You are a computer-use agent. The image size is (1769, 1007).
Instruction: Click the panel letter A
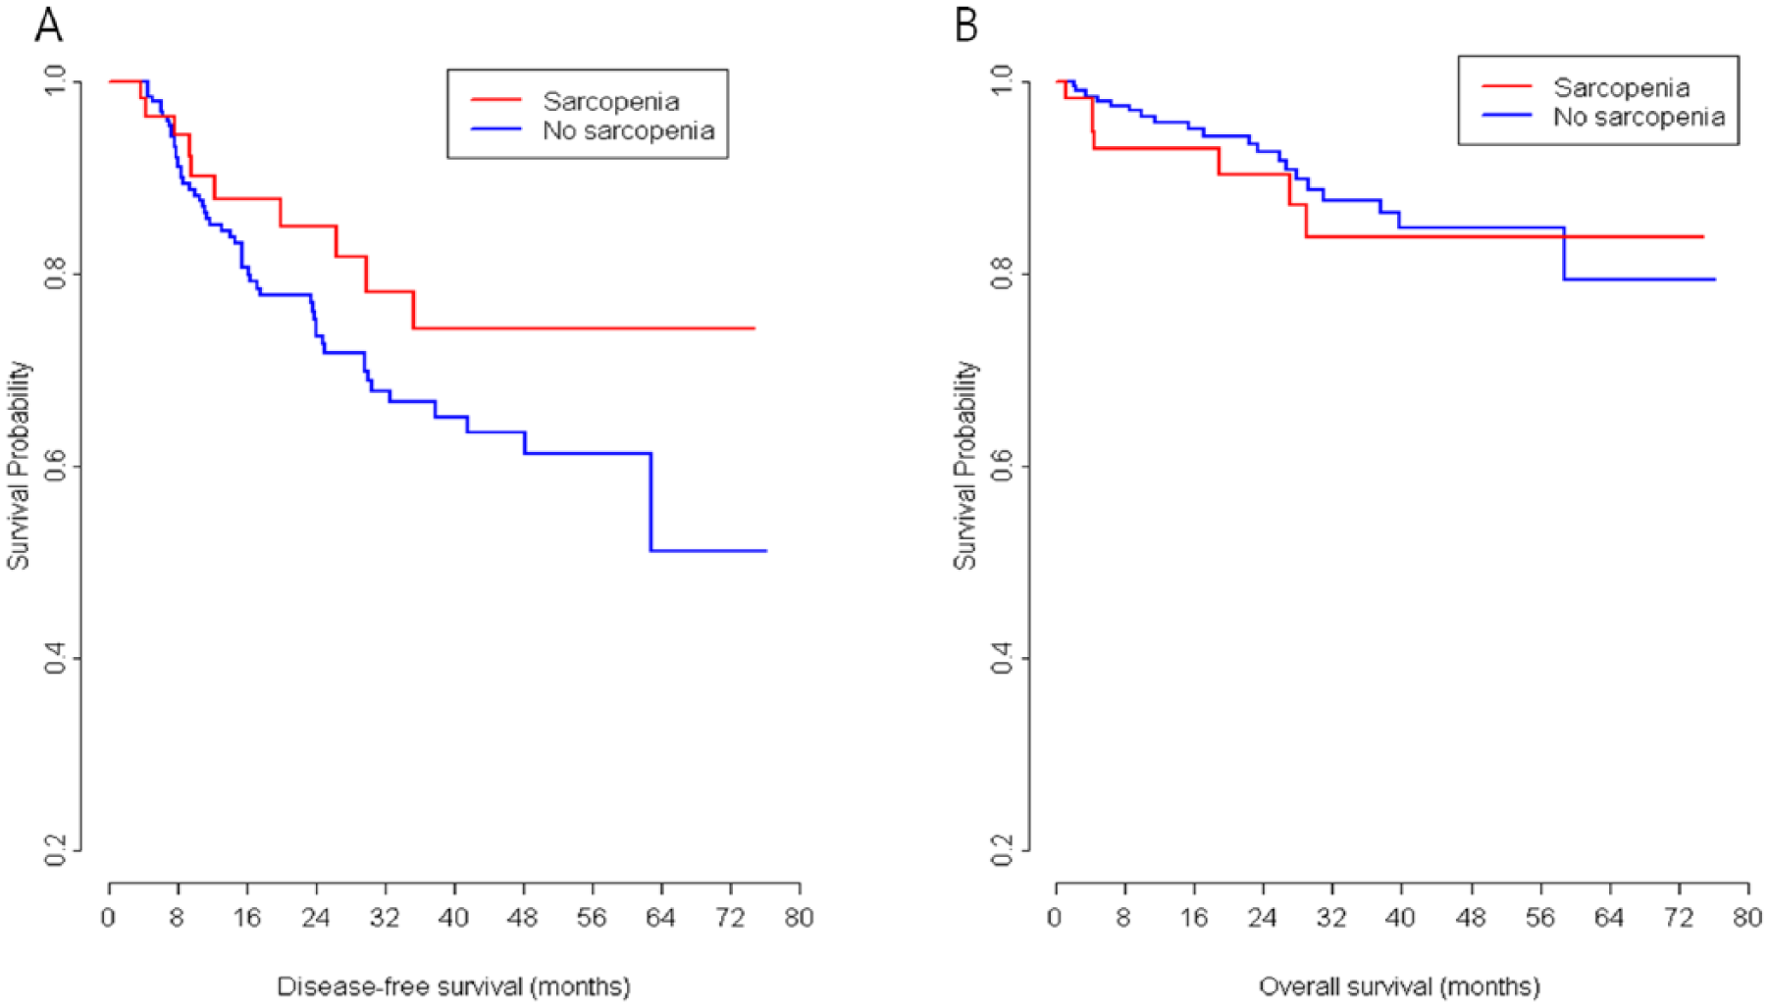point(48,24)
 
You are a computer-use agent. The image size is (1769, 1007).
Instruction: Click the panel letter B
point(966,24)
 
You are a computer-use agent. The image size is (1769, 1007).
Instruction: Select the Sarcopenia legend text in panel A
point(611,101)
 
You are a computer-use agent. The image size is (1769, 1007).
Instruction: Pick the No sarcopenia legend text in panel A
point(629,130)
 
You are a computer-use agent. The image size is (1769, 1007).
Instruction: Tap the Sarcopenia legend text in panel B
point(1622,87)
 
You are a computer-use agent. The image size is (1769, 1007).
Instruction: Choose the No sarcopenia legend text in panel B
point(1639,117)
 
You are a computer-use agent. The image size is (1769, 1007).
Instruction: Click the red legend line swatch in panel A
point(495,100)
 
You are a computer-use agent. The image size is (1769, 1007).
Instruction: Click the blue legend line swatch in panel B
point(1506,116)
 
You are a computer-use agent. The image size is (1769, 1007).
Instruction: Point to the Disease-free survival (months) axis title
point(453,986)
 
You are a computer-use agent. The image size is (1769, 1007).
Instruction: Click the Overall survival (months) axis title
point(1400,986)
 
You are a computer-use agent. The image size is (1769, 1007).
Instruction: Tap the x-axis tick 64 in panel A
point(660,918)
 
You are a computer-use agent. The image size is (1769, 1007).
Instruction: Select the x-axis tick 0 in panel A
point(108,918)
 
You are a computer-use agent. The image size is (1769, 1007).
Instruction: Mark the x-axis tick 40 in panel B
point(1400,918)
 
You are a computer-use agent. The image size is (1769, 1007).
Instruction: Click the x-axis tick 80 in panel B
point(1747,918)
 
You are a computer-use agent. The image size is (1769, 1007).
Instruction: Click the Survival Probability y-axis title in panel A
point(19,466)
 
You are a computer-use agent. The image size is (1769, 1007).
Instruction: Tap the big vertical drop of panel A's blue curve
point(650,502)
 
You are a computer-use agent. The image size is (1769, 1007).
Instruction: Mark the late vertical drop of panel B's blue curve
point(1564,254)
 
